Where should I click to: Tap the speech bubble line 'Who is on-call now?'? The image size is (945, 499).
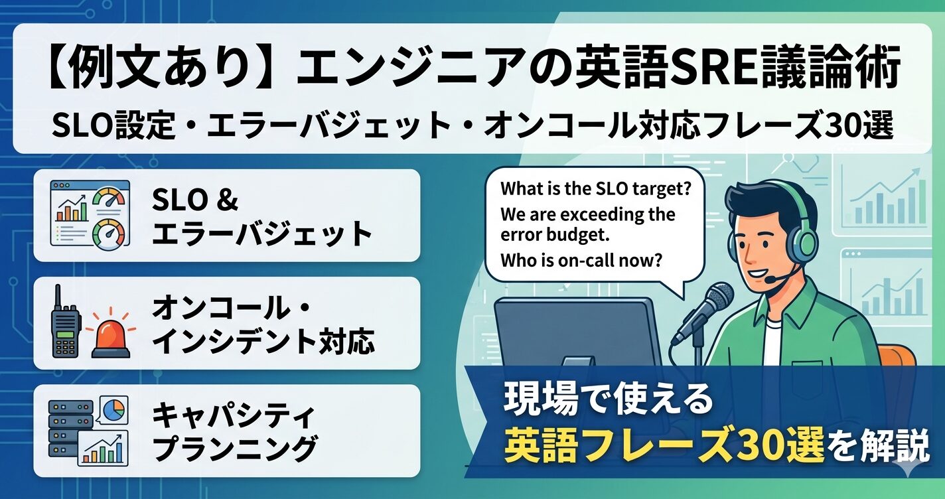tap(581, 261)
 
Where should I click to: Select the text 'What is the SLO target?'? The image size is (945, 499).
tap(596, 188)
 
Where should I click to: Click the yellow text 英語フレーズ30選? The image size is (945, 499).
tap(664, 445)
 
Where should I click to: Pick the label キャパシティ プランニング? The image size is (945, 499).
tap(234, 431)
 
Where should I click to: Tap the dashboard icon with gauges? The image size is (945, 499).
tap(90, 213)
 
